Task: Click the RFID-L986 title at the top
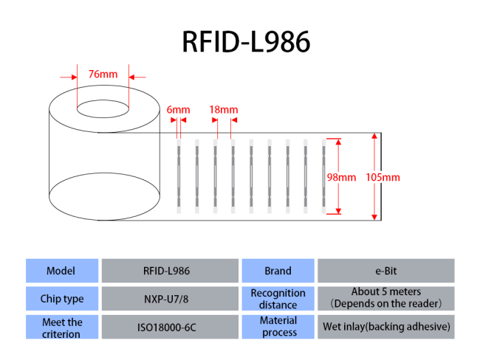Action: click(246, 41)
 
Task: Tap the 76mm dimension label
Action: click(103, 74)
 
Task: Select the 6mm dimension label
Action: click(178, 109)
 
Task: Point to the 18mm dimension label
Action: click(224, 109)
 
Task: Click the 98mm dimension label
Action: click(341, 177)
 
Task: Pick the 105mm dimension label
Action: click(383, 177)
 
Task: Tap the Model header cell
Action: click(62, 271)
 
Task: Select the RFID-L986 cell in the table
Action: click(170, 271)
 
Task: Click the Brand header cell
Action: click(278, 271)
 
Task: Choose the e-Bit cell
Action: click(386, 271)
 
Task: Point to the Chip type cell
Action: click(62, 299)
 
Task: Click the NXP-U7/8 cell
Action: click(170, 299)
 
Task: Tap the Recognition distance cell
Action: click(278, 299)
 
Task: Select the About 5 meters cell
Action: click(386, 299)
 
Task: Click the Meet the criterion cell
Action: click(62, 327)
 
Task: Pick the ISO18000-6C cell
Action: click(170, 327)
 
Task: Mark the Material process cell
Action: click(278, 327)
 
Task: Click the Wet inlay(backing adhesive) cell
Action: click(386, 327)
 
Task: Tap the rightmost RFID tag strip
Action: click(323, 176)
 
